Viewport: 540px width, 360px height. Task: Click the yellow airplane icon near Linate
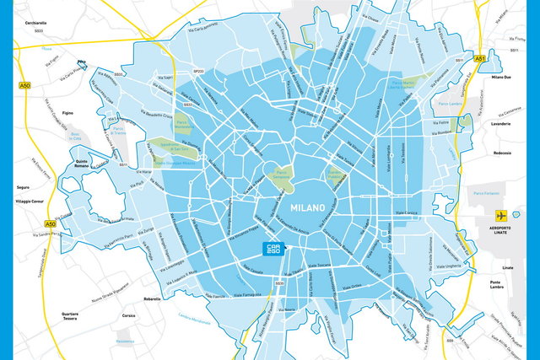point(500,214)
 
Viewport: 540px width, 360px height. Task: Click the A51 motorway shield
point(481,59)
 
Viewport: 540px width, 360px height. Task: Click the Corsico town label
point(128,315)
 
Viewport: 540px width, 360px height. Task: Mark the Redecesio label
point(503,153)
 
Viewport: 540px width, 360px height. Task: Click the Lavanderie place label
point(501,124)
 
